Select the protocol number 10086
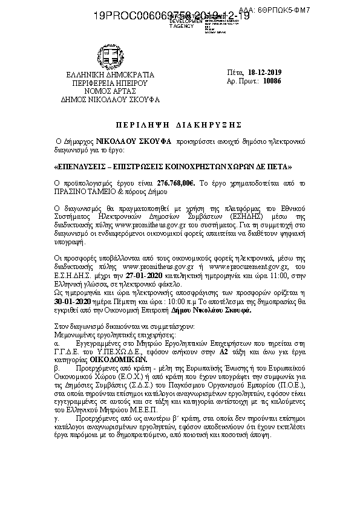[x=269, y=80]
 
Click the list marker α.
[x=57, y=342]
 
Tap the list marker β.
[x=57, y=366]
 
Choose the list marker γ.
[x=57, y=417]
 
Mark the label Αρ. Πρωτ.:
[x=239, y=80]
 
